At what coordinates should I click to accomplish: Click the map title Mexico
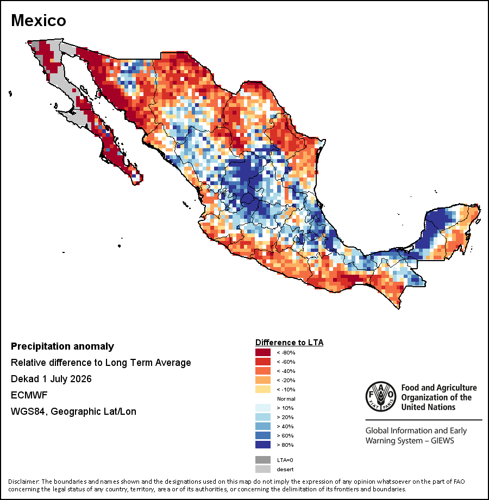point(38,21)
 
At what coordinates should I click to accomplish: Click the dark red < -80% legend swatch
point(262,352)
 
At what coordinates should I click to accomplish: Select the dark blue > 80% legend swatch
point(262,445)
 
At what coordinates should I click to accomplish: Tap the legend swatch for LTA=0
point(262,460)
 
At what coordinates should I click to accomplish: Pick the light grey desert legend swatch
point(262,469)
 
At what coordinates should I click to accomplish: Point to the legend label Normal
point(286,398)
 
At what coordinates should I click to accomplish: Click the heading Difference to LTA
point(289,343)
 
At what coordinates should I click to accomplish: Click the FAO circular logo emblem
point(381,396)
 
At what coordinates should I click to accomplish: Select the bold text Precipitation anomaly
point(62,346)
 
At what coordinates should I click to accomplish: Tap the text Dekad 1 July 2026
point(51,379)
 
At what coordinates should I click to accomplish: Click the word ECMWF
point(29,395)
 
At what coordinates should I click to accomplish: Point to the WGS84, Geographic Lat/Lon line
point(73,412)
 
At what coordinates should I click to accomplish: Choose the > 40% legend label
point(285,426)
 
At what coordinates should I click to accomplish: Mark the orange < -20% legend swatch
point(262,380)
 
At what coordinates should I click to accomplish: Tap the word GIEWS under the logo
point(442,441)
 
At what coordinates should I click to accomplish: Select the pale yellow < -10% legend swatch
point(262,389)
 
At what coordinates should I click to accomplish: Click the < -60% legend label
point(286,362)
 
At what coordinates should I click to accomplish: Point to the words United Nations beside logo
point(428,407)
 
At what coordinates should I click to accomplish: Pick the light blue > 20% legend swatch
point(262,417)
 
